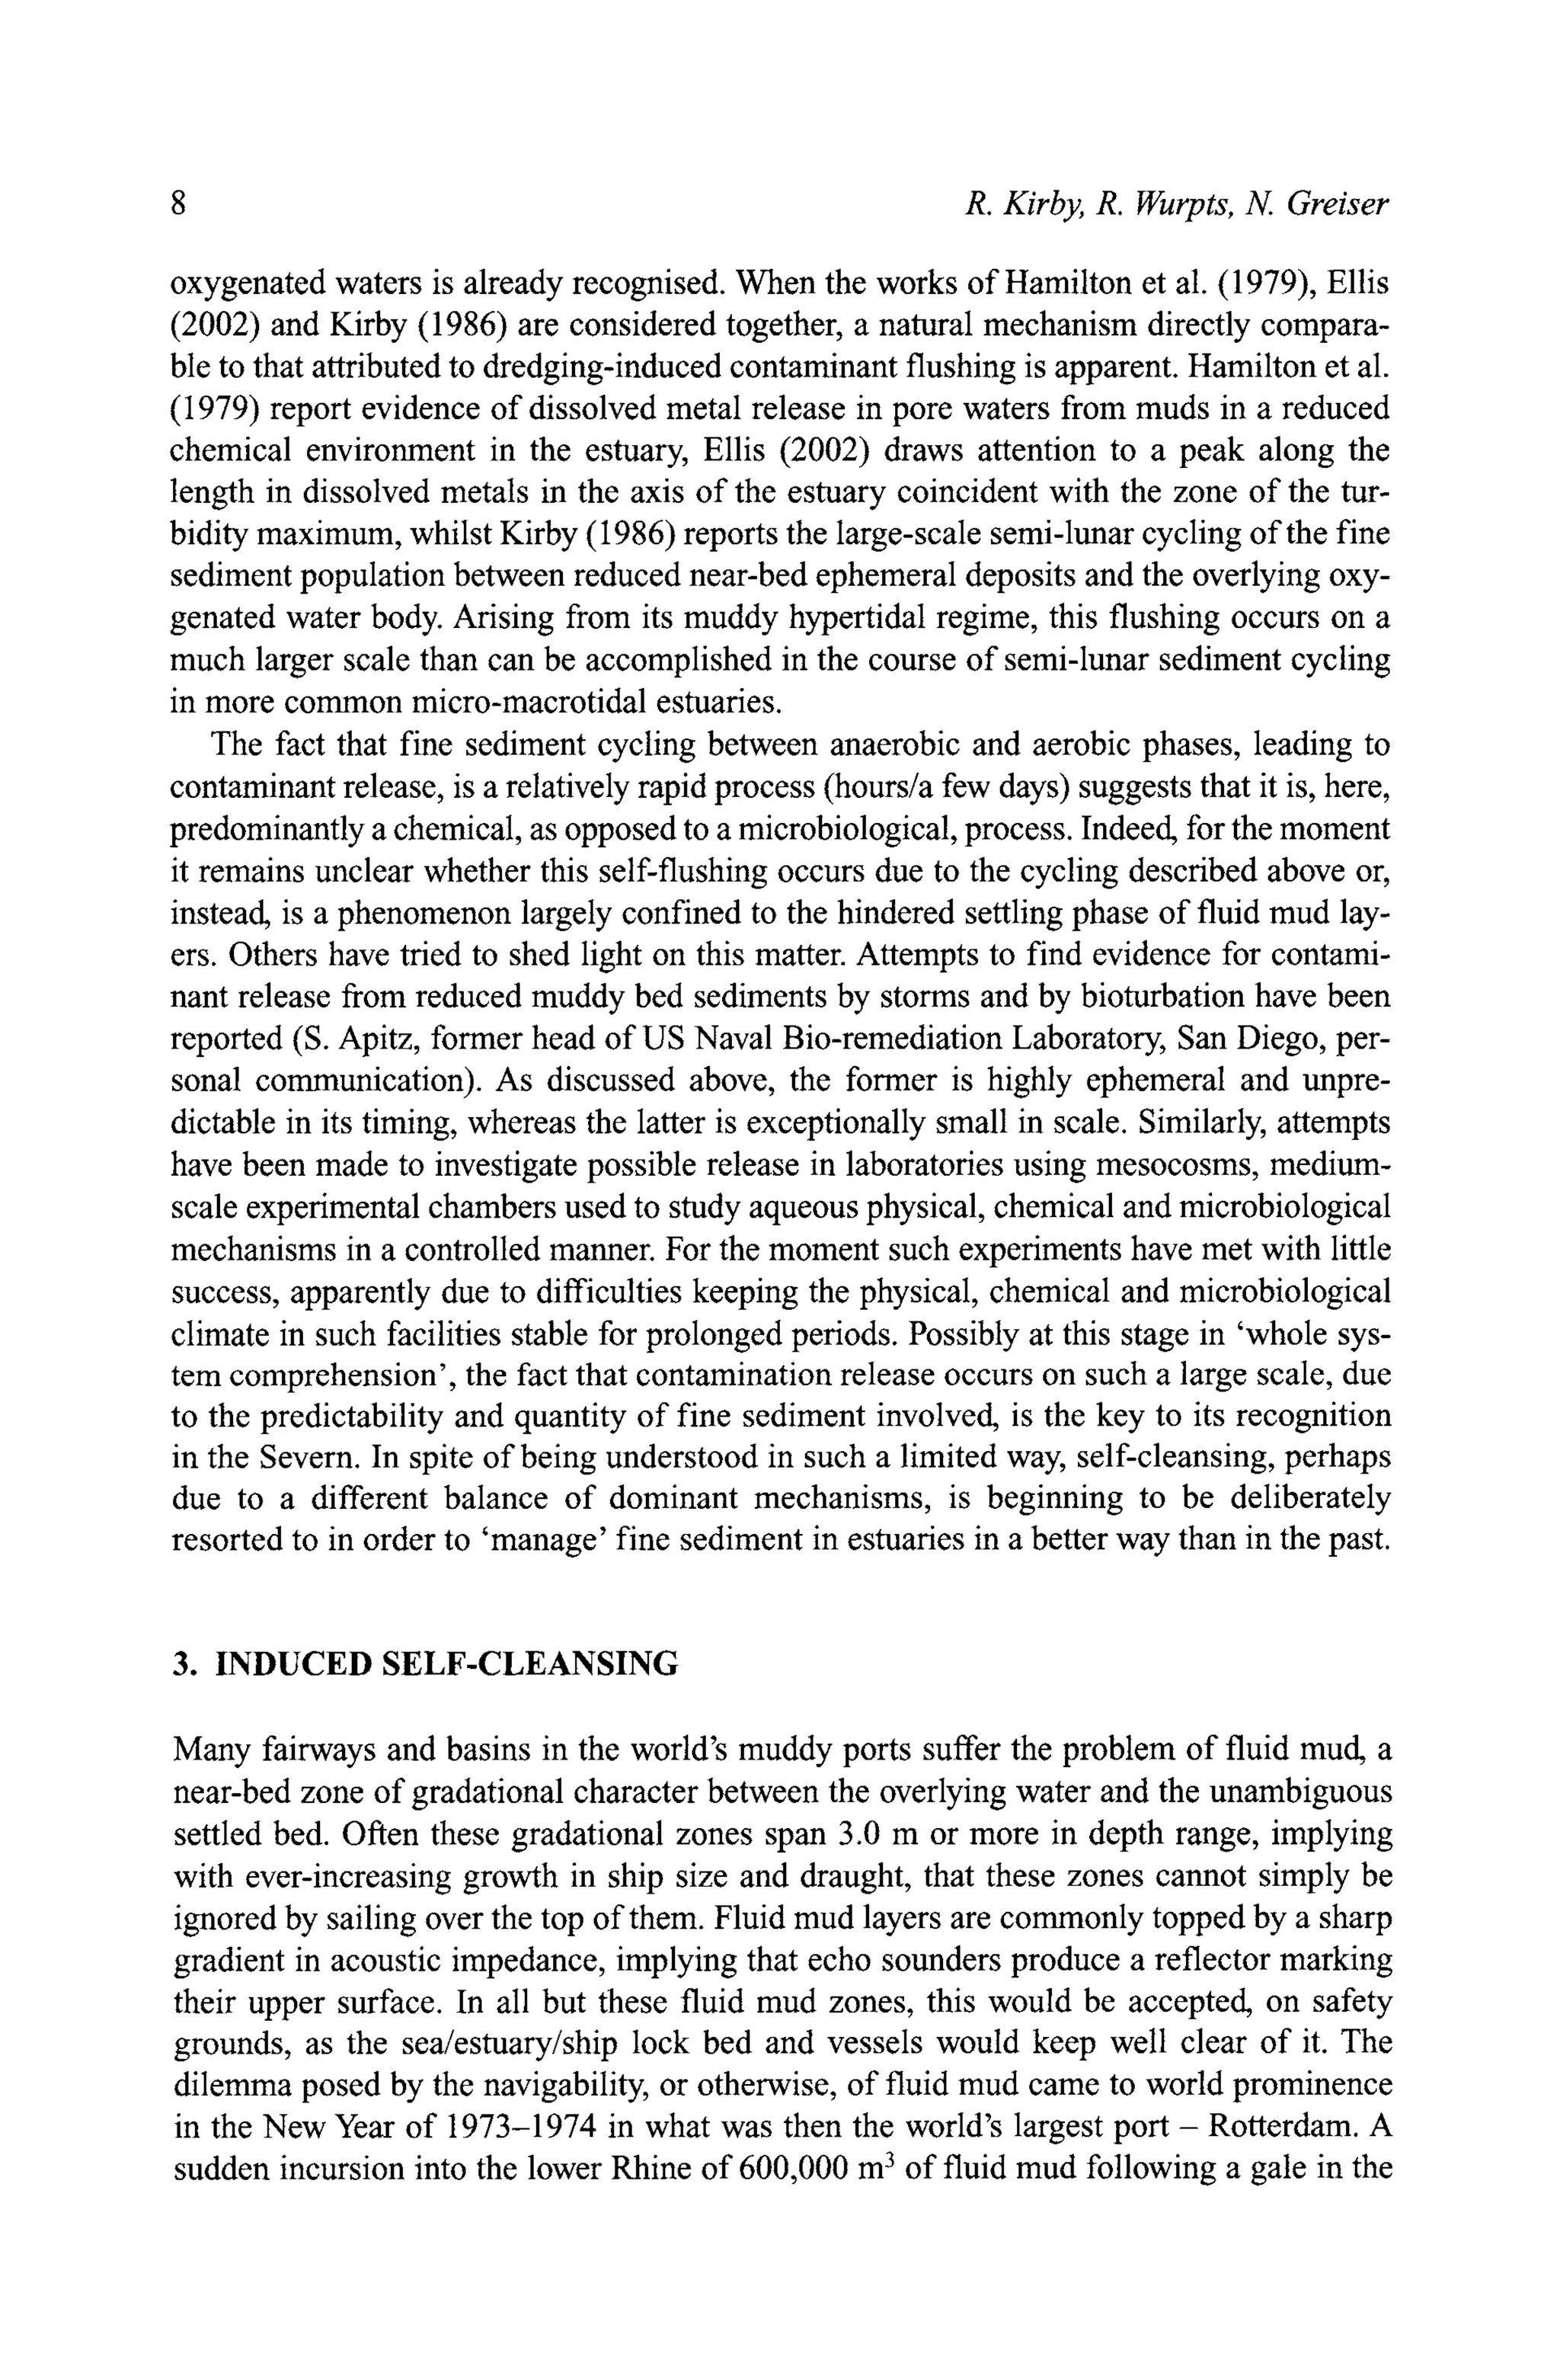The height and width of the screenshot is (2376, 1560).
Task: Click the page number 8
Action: point(179,203)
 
